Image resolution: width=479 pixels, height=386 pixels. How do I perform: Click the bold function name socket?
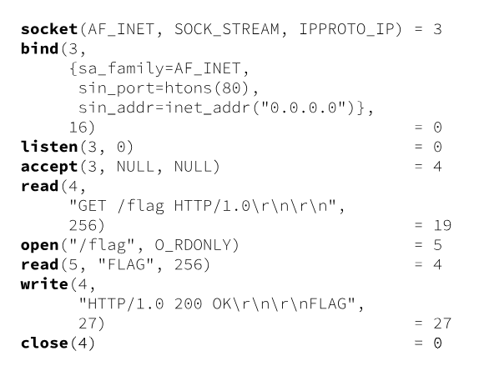coord(48,30)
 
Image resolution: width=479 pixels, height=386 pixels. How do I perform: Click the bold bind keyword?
coord(38,49)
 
